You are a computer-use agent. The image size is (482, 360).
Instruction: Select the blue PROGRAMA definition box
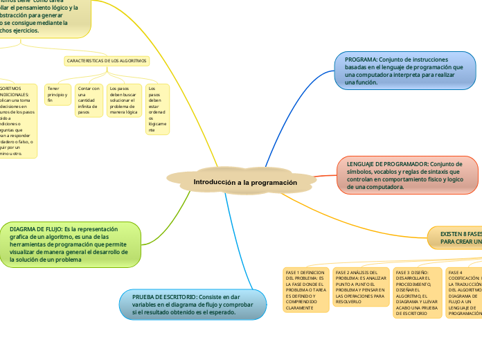click(405, 71)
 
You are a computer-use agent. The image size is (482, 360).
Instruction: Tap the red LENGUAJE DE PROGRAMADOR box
click(407, 175)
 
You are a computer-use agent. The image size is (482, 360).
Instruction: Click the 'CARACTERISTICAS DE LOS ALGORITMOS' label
click(107, 61)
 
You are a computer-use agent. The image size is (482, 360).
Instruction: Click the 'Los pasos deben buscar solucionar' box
click(123, 100)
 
